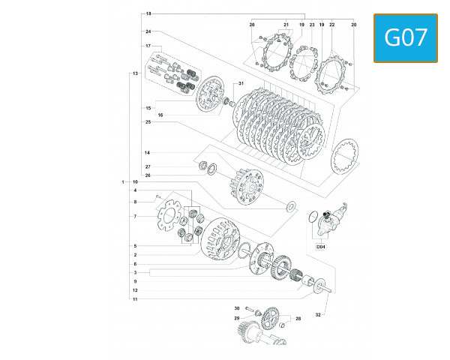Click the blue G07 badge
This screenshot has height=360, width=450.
pyautogui.click(x=405, y=37)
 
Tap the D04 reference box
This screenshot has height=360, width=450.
pyautogui.click(x=320, y=246)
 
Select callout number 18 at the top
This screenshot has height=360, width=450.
pyautogui.click(x=148, y=14)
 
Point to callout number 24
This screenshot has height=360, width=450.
pyautogui.click(x=148, y=31)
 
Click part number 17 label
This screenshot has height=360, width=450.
pyautogui.click(x=148, y=46)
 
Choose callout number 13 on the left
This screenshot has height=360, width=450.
pyautogui.click(x=135, y=73)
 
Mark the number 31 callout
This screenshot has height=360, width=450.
pyautogui.click(x=241, y=83)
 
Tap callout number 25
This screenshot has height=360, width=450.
pyautogui.click(x=148, y=121)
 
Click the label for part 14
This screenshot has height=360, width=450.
pyautogui.click(x=148, y=153)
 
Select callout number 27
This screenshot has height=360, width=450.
pyautogui.click(x=148, y=166)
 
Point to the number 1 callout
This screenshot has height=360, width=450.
pyautogui.click(x=123, y=182)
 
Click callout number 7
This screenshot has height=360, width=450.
pyautogui.click(x=135, y=217)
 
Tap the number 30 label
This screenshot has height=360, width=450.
pyautogui.click(x=236, y=308)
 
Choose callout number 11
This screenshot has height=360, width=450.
pyautogui.click(x=135, y=298)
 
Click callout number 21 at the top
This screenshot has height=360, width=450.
pyautogui.click(x=286, y=25)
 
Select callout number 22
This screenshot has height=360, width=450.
pyautogui.click(x=331, y=25)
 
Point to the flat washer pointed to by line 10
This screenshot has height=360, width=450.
pyautogui.click(x=289, y=205)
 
